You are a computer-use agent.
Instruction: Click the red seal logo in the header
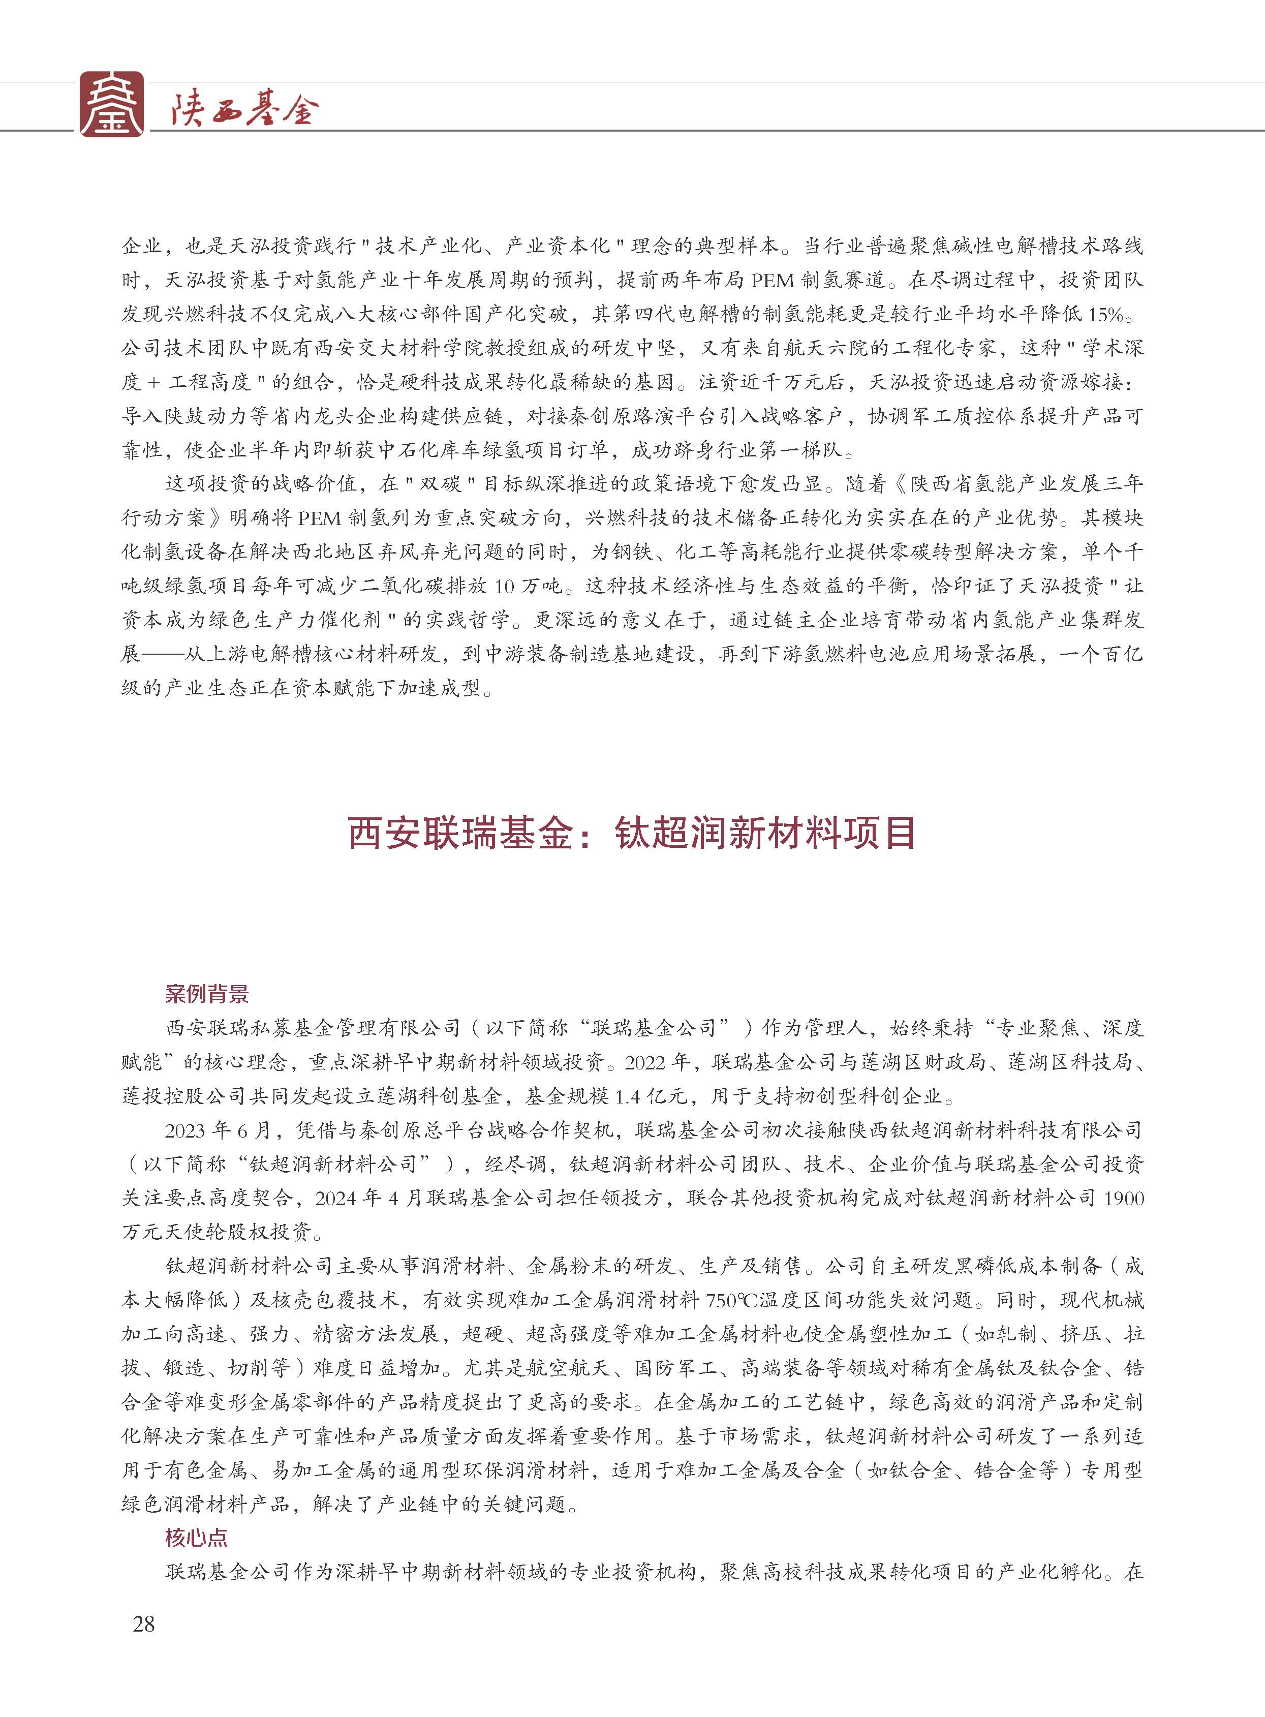[x=112, y=104]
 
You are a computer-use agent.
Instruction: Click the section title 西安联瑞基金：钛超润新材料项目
[x=632, y=833]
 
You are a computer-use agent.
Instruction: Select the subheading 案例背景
[x=207, y=995]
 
